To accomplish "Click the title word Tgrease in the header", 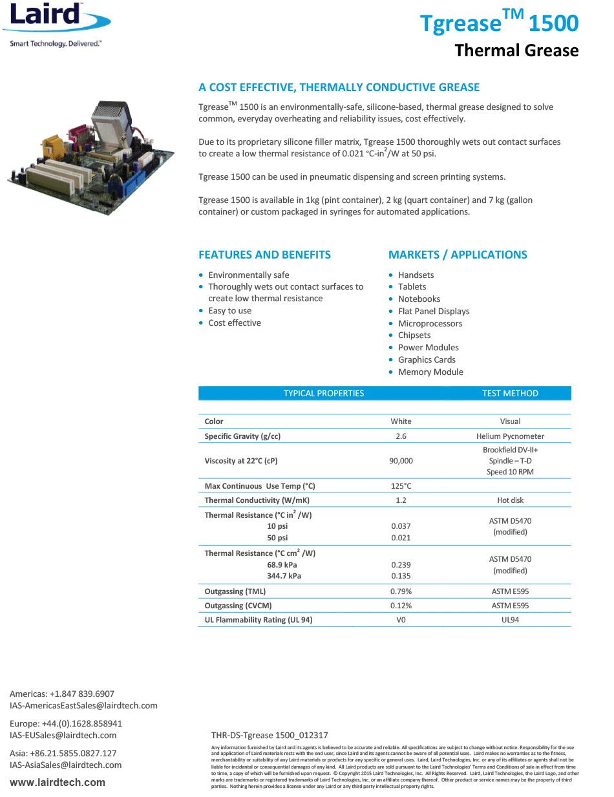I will tap(461, 23).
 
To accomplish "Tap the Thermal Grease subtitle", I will tap(516, 50).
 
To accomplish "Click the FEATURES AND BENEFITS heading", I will tap(264, 255).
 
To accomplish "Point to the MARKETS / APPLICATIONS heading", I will tap(458, 255).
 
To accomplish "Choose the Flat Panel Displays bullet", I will tap(434, 311).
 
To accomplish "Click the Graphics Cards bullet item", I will tap(427, 359).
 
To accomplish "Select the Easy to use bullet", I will tap(229, 310).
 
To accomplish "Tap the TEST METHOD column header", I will tap(510, 393).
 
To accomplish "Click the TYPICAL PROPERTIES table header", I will tap(324, 393).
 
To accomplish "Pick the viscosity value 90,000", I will tap(401, 461).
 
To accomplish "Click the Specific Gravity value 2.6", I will tap(401, 436).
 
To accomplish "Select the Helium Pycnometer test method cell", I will tap(510, 436).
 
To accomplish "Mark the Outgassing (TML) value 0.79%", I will tap(401, 591).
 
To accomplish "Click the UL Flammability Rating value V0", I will tap(401, 620).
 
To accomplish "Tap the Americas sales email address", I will tap(83, 705).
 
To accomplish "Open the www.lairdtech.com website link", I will tap(58, 782).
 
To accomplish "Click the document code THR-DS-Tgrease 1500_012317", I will tap(270, 735).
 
